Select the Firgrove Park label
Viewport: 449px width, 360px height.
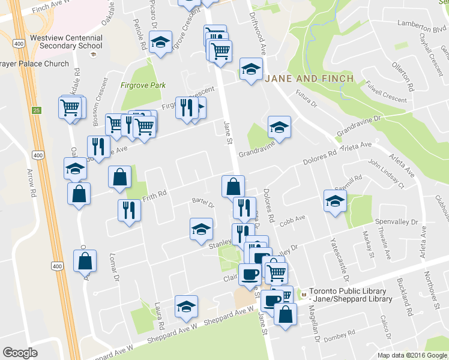coord(143,85)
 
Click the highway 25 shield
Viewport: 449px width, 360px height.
coord(37,110)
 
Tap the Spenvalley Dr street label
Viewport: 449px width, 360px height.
coord(396,223)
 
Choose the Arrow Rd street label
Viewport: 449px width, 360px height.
coord(30,183)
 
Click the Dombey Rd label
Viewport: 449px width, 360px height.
coord(340,340)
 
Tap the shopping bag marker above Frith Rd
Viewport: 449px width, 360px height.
coord(120,176)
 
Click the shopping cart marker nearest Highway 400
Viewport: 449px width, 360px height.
coord(70,107)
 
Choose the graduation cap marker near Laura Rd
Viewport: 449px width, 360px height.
coord(187,306)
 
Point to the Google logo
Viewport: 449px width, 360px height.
coord(20,353)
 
